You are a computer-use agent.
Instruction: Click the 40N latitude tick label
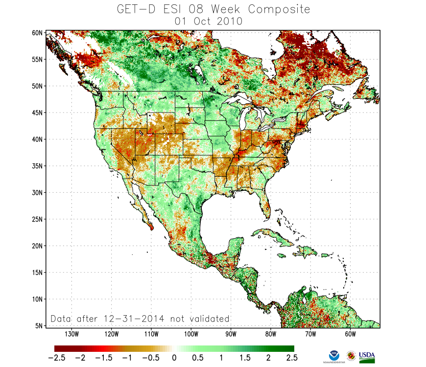point(37,139)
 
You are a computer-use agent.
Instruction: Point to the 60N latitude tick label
point(37,33)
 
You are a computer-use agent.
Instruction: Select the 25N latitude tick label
point(37,219)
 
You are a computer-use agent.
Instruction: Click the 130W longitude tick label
point(71,334)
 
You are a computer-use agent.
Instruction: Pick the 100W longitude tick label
point(191,334)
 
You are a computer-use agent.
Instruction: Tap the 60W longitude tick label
point(350,334)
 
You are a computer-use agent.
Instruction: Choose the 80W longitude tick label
point(270,334)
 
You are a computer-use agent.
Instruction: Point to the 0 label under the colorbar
point(174,358)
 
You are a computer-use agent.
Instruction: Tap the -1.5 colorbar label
point(103,358)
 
